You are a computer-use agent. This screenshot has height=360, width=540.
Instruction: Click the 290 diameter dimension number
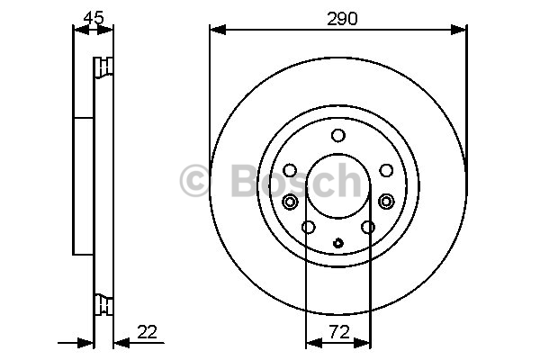(x=342, y=19)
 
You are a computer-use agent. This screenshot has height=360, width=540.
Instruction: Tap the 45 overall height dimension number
(x=94, y=18)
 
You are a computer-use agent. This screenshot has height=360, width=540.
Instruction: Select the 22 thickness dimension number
(x=147, y=332)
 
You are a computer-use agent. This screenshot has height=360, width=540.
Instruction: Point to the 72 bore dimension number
(x=339, y=332)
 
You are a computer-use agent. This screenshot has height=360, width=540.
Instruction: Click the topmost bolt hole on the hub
(x=338, y=135)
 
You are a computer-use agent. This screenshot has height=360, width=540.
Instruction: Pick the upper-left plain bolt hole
(x=290, y=170)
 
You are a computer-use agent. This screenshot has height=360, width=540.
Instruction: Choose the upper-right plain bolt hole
(x=386, y=170)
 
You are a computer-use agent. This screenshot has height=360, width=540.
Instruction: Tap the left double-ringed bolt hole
(x=290, y=202)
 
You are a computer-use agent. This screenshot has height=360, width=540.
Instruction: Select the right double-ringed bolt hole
(x=386, y=202)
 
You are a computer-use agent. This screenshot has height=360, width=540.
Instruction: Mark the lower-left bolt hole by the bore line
(x=308, y=227)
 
